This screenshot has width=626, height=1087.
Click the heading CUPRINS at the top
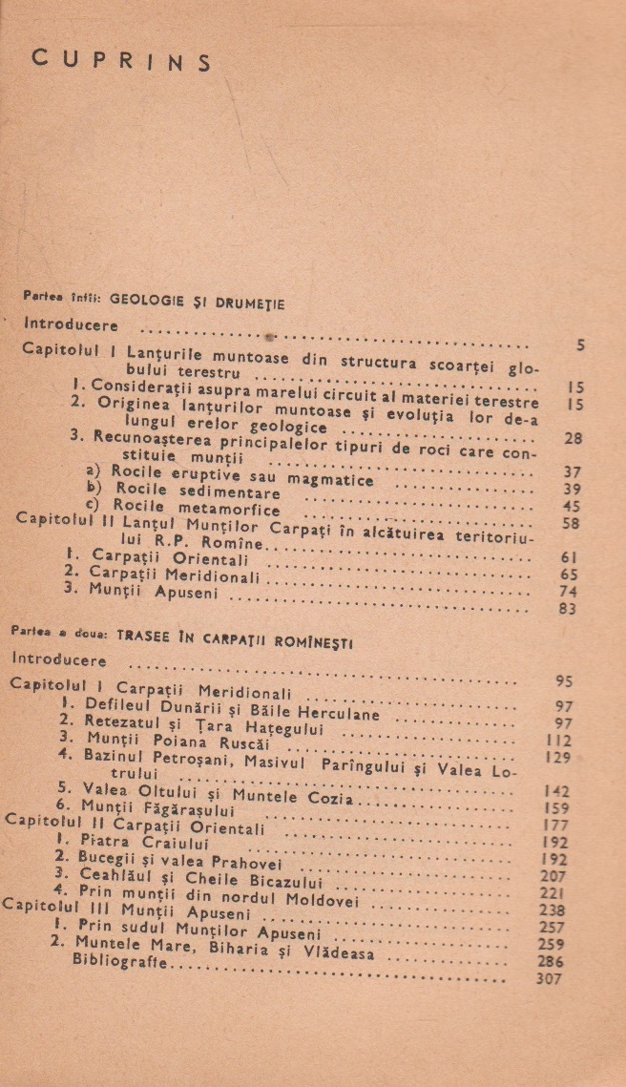tap(121, 59)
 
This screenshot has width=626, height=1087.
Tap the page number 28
tap(574, 438)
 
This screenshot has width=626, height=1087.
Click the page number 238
tap(552, 909)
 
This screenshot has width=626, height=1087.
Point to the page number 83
tap(567, 608)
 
